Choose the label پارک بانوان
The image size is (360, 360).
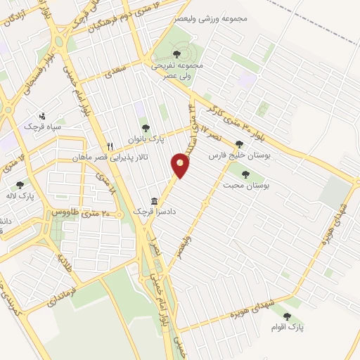146,139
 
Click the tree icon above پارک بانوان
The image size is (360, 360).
146,128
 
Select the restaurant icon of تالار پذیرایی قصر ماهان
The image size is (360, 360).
110,147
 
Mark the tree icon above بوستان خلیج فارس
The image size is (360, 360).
240,143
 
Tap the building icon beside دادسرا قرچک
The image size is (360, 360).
153,200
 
